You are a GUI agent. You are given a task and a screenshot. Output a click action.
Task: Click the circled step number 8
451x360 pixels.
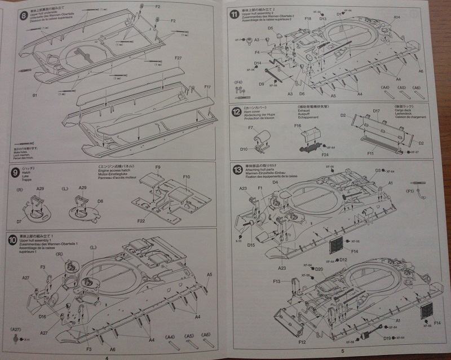click(x=23, y=15)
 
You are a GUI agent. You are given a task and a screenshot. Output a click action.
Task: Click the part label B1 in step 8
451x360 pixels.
click(x=34, y=95)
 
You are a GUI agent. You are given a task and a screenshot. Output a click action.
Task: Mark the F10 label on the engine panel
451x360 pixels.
click(x=186, y=177)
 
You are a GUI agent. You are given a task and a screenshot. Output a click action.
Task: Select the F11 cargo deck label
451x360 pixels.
click(x=370, y=153)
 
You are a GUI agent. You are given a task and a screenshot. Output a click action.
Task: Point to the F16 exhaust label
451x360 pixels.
click(x=297, y=126)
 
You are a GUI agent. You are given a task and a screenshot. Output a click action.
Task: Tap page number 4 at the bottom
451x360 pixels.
click(x=107, y=355)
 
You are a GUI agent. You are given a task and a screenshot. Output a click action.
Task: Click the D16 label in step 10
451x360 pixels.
click(x=42, y=317)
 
